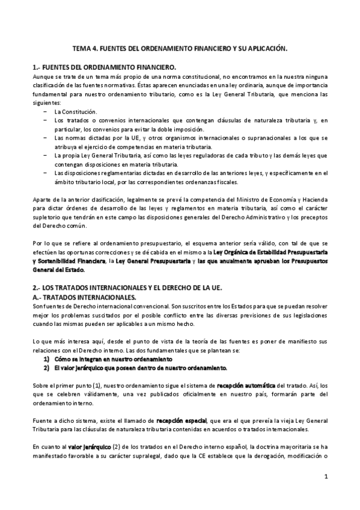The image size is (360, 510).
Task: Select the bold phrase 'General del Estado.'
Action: pos(58,270)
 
